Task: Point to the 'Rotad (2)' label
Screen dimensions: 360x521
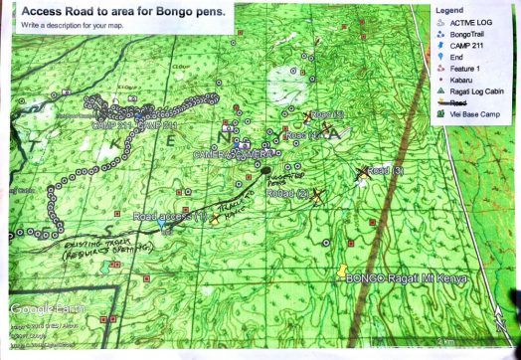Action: click(288, 194)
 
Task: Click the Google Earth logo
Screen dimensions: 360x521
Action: click(45, 306)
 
